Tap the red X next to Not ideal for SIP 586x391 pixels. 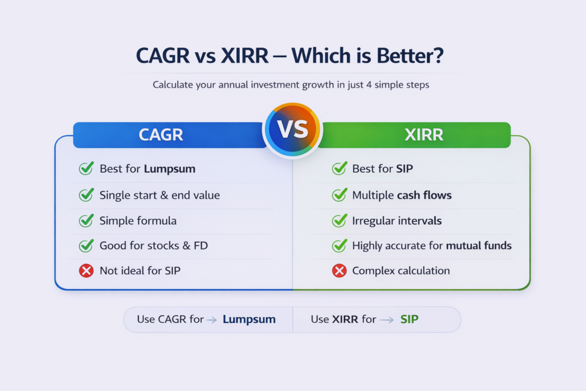click(86, 271)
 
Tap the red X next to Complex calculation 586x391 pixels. click(339, 271)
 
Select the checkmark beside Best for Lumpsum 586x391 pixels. click(86, 169)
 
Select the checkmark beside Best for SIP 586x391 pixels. click(339, 169)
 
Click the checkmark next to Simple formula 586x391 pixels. click(86, 220)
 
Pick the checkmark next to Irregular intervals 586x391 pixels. click(339, 220)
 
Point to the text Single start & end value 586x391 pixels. click(160, 195)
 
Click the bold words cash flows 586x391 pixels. click(424, 195)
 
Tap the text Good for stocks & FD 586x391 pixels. click(154, 246)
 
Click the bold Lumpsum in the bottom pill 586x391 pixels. click(249, 319)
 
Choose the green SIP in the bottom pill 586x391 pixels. click(409, 319)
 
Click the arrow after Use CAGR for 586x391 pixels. click(211, 320)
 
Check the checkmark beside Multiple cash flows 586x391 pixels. click(339, 195)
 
